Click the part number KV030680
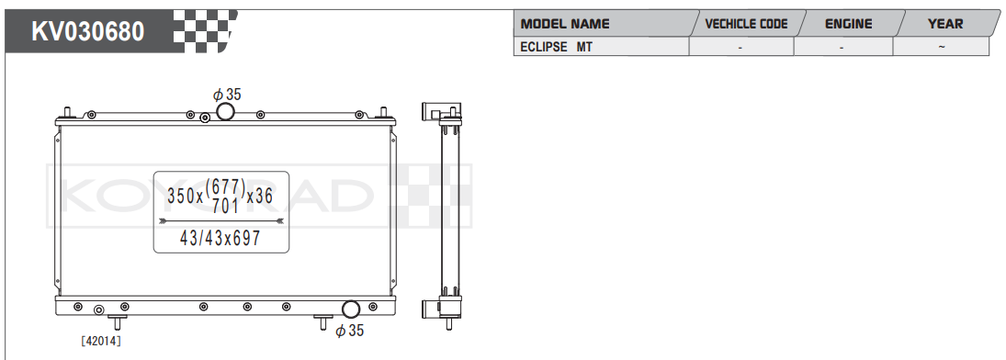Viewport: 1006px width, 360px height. (x=88, y=31)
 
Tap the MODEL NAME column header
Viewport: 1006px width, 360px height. (x=565, y=25)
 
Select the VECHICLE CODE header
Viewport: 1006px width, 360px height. (x=746, y=25)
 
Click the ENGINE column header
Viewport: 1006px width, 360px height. (x=848, y=25)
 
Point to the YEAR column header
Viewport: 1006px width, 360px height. (x=945, y=25)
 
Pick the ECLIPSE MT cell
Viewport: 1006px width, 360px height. (x=556, y=47)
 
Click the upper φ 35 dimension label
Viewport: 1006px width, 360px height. (x=227, y=95)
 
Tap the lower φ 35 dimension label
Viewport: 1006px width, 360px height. (x=350, y=331)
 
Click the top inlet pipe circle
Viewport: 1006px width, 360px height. (x=225, y=112)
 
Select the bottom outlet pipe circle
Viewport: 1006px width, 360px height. (x=351, y=309)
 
